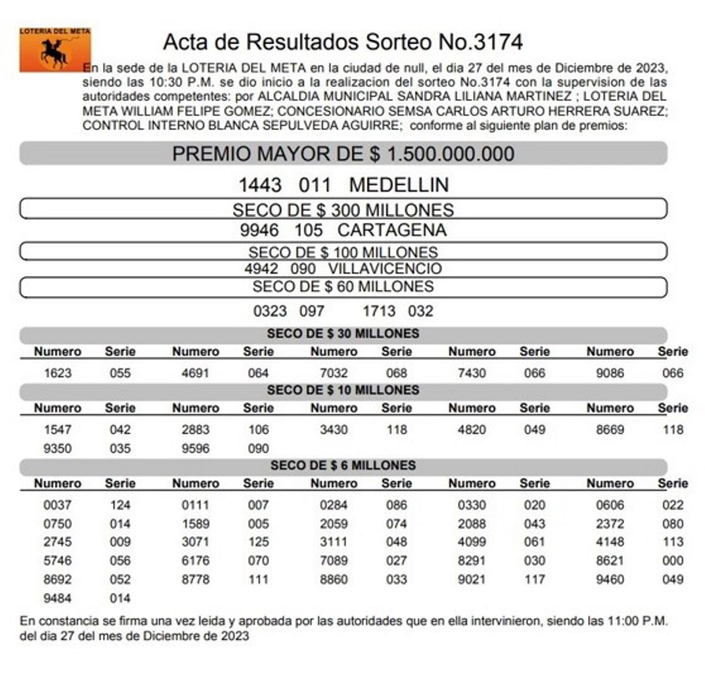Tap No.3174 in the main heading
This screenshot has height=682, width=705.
point(480,42)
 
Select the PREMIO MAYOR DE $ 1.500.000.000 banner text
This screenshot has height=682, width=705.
point(343,154)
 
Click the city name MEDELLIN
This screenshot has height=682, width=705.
point(399,185)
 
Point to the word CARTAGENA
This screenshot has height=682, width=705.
point(392,230)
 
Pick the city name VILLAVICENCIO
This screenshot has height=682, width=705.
point(385,269)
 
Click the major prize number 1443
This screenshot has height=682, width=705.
point(260,185)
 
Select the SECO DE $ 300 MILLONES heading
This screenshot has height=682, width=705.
point(343,210)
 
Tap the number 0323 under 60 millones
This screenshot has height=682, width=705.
point(270,312)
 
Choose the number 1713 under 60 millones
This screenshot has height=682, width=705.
point(379,312)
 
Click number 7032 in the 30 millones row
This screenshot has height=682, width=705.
point(334,373)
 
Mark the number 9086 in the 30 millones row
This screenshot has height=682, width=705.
point(610,373)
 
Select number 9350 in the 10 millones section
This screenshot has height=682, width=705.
point(58,449)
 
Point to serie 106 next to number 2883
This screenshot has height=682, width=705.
point(258,430)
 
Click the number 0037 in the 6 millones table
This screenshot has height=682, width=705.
point(58,505)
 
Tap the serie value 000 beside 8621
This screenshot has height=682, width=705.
point(673,561)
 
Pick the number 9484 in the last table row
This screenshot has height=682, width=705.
point(58,598)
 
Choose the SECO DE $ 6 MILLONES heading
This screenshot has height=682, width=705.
point(343,466)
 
